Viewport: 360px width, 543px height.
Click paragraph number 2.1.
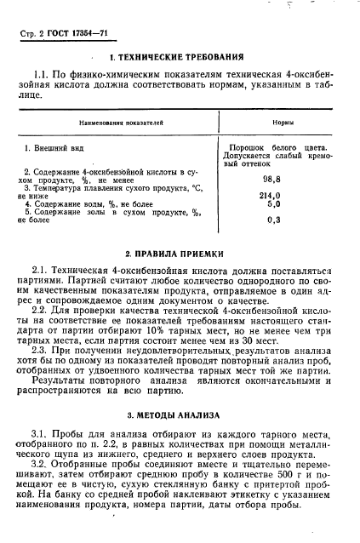(39, 270)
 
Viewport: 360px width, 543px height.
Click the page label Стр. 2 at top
(31, 33)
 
